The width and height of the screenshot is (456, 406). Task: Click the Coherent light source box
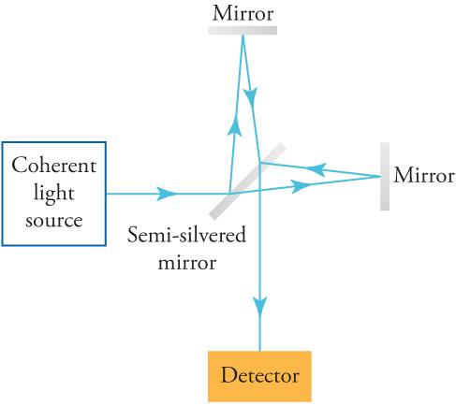[53, 194]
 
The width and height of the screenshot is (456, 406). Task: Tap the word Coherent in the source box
[53, 166]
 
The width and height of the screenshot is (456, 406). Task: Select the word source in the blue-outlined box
[53, 221]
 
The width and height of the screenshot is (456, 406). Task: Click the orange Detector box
[259, 376]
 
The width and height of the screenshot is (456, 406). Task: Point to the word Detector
[259, 376]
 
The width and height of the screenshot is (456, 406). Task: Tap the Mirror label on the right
[424, 176]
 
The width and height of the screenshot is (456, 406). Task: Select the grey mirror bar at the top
[242, 29]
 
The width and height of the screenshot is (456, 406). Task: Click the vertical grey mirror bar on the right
[384, 176]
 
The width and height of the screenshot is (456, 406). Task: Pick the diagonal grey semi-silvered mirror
[247, 180]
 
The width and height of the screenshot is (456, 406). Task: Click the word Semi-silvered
[186, 235]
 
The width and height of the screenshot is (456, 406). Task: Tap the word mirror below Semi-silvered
[186, 262]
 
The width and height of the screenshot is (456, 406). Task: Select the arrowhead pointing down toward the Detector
[259, 306]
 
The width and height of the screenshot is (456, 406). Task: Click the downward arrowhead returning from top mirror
[250, 95]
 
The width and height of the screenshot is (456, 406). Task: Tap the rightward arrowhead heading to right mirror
[302, 186]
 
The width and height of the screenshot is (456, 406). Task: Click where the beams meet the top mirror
[242, 36]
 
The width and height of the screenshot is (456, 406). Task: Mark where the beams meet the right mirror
[378, 176]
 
